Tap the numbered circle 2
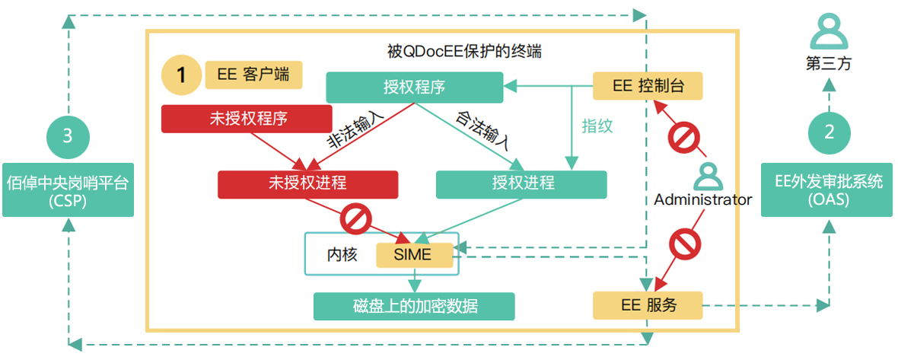829,132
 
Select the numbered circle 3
67,135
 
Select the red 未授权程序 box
247,118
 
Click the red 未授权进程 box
307,183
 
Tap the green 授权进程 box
521,183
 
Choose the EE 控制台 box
647,86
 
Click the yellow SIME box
413,254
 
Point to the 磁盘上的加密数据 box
415,306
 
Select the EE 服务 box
647,306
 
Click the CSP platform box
68,190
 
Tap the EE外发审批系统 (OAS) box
827,190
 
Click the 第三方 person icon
828,32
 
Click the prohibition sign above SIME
355,220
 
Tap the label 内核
342,254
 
